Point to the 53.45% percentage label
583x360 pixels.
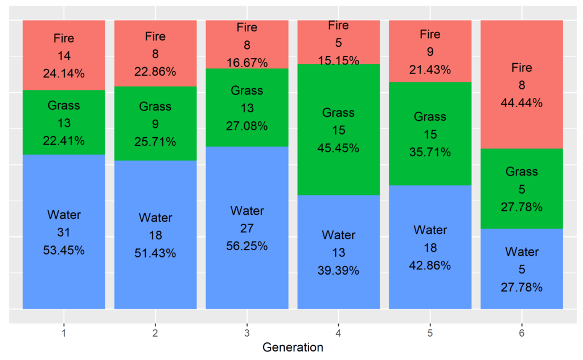pos(64,250)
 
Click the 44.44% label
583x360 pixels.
pos(522,103)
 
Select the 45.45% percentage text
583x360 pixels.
pos(339,148)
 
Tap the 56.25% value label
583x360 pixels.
pos(247,246)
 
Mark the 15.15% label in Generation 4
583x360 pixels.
pos(339,60)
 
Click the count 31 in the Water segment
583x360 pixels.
pos(64,232)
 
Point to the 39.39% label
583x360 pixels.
pos(339,271)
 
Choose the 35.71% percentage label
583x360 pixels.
pos(430,152)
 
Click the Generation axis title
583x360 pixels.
pos(293,347)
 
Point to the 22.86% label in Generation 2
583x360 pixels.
pos(155,72)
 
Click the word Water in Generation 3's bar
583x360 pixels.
pos(247,211)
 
